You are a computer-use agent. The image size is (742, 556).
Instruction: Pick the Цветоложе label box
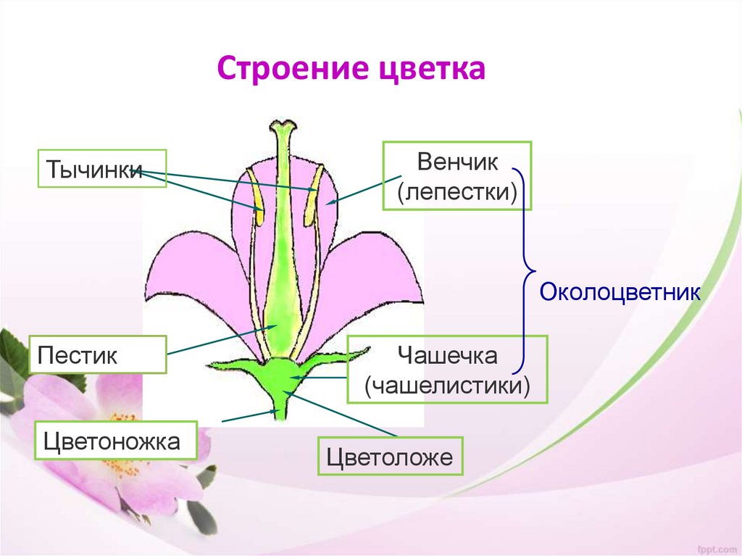pos(391,456)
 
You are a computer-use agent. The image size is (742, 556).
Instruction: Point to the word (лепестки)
pos(457,192)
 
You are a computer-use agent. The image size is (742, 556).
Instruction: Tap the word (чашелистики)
pos(446,385)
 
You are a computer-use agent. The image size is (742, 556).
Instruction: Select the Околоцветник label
pos(620,292)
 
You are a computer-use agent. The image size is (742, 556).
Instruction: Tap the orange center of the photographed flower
pos(123,449)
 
